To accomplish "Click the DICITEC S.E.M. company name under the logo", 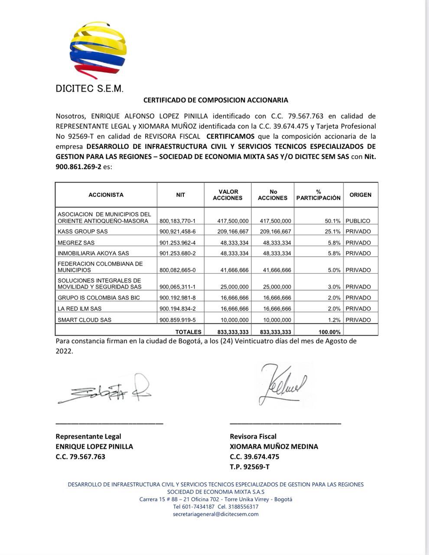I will [x=90, y=89].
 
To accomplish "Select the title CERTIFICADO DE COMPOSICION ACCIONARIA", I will [x=215, y=100].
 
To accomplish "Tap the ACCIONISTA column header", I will [x=106, y=195].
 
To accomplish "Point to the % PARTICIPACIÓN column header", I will [x=318, y=195].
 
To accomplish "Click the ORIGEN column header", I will [x=360, y=195].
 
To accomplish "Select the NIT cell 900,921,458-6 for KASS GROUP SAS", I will [x=178, y=232].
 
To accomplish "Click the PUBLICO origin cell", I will [x=358, y=221].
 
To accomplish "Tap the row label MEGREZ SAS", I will [x=76, y=242].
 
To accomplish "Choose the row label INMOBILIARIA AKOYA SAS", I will [x=93, y=253].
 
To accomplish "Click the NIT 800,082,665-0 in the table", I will [x=178, y=270].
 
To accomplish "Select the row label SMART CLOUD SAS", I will [x=84, y=320].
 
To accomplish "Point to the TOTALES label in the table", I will [x=188, y=332].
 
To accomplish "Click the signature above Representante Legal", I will [x=104, y=389].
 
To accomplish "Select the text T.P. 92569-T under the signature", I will [x=249, y=467].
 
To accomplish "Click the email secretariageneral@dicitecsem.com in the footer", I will [x=215, y=514].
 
